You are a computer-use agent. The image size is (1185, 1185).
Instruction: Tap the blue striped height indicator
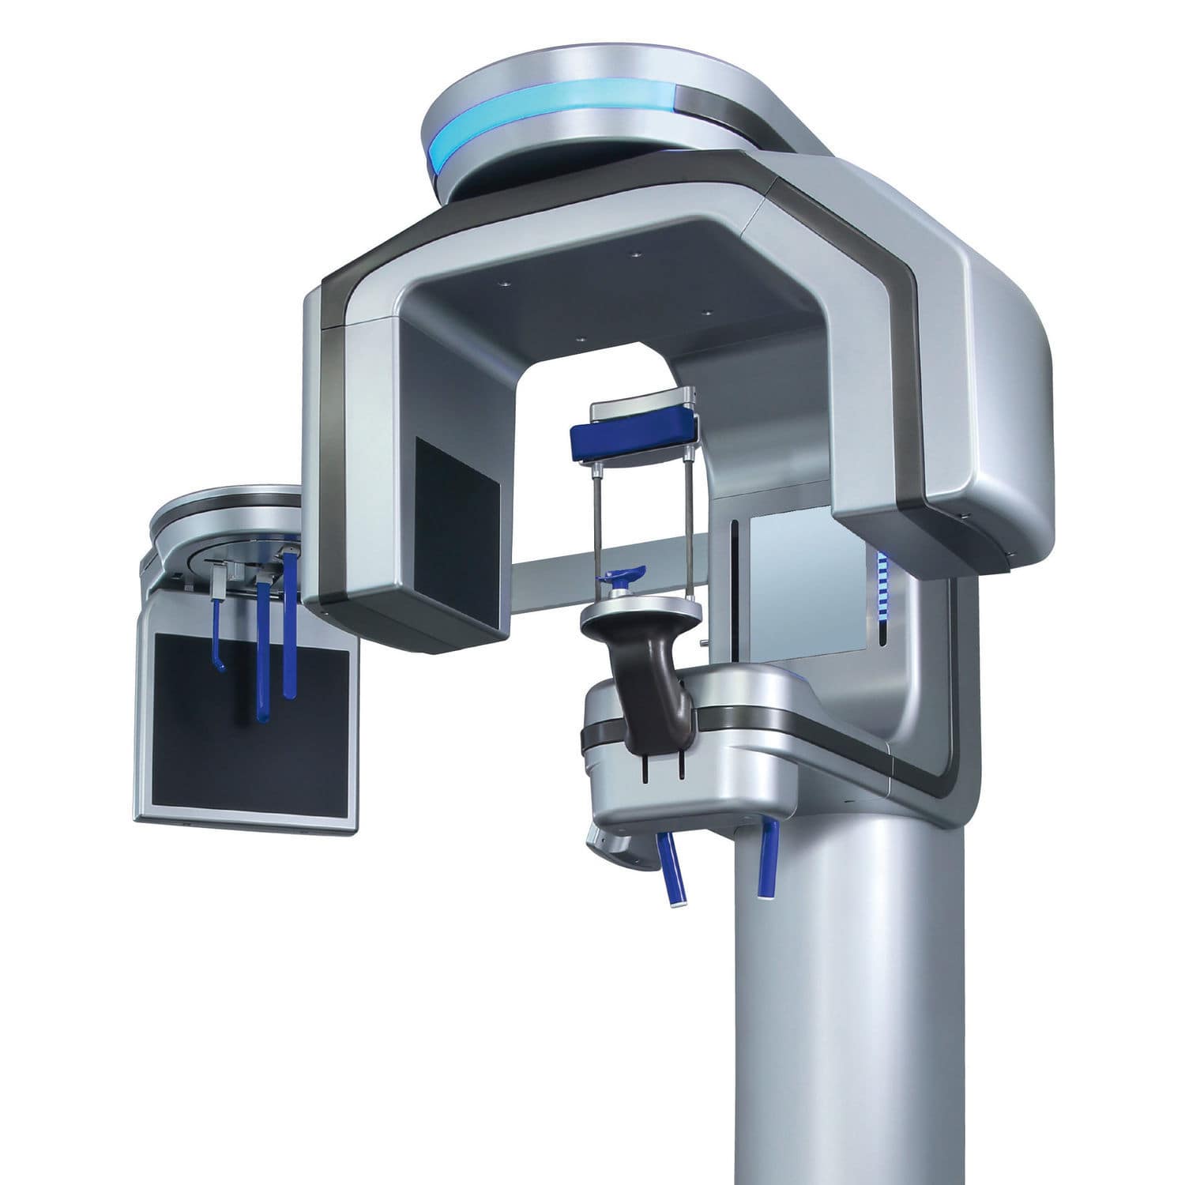(x=882, y=585)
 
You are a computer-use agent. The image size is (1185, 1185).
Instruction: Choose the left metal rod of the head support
(x=596, y=537)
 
